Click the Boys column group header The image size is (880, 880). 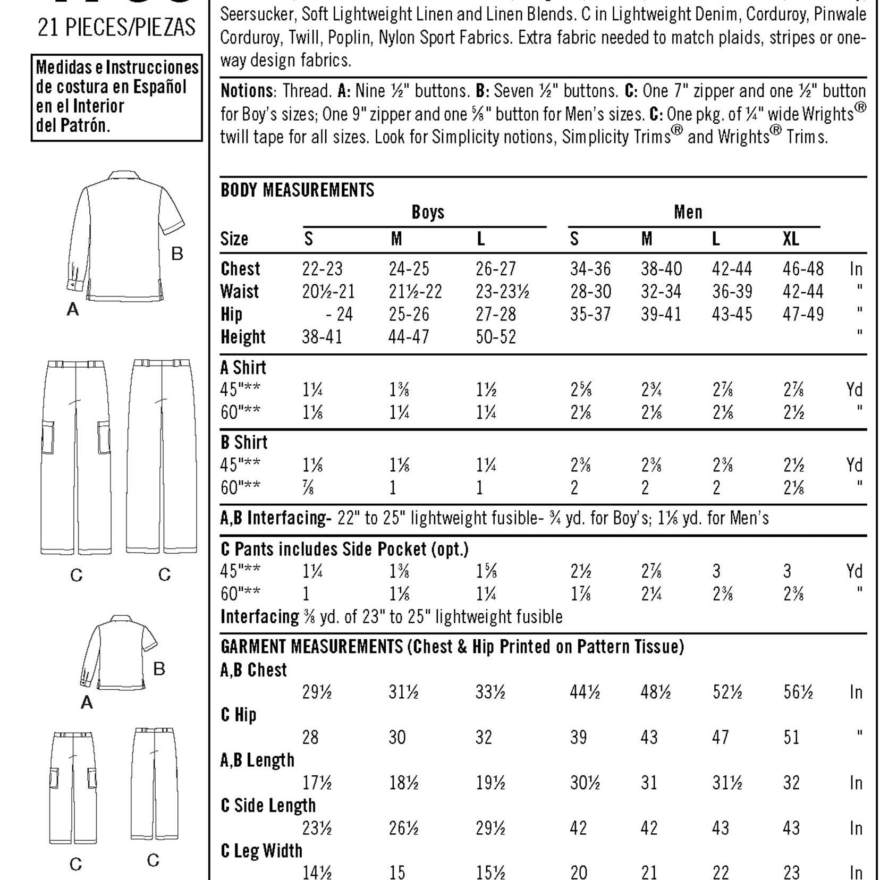click(428, 213)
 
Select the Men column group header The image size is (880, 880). click(688, 213)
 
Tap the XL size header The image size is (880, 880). click(790, 239)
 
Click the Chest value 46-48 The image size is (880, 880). click(802, 269)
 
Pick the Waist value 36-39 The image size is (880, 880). click(732, 292)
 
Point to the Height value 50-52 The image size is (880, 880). click(495, 337)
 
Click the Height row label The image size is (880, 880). click(243, 337)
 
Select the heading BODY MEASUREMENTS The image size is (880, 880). click(297, 190)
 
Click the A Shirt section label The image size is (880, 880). click(243, 367)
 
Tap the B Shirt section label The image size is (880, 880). click(244, 443)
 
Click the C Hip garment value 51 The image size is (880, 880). click(791, 738)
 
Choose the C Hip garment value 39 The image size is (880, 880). click(578, 738)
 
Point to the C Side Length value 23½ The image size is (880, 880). click(317, 828)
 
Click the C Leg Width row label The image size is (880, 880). click(261, 851)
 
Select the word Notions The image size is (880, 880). click(247, 91)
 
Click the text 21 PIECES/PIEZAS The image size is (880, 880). click(116, 28)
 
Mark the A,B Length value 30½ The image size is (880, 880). click(585, 783)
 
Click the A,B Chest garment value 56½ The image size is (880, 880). click(798, 692)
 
